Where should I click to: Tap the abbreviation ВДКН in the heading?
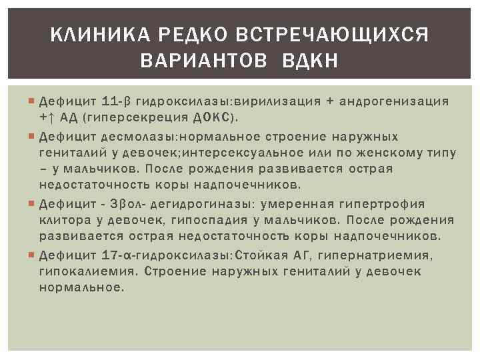click(x=311, y=61)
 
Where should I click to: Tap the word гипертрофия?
click(x=380, y=204)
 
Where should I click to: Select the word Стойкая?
click(x=261, y=255)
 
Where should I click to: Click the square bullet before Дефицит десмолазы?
click(x=33, y=136)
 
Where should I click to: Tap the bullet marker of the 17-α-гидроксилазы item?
click(x=33, y=255)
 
